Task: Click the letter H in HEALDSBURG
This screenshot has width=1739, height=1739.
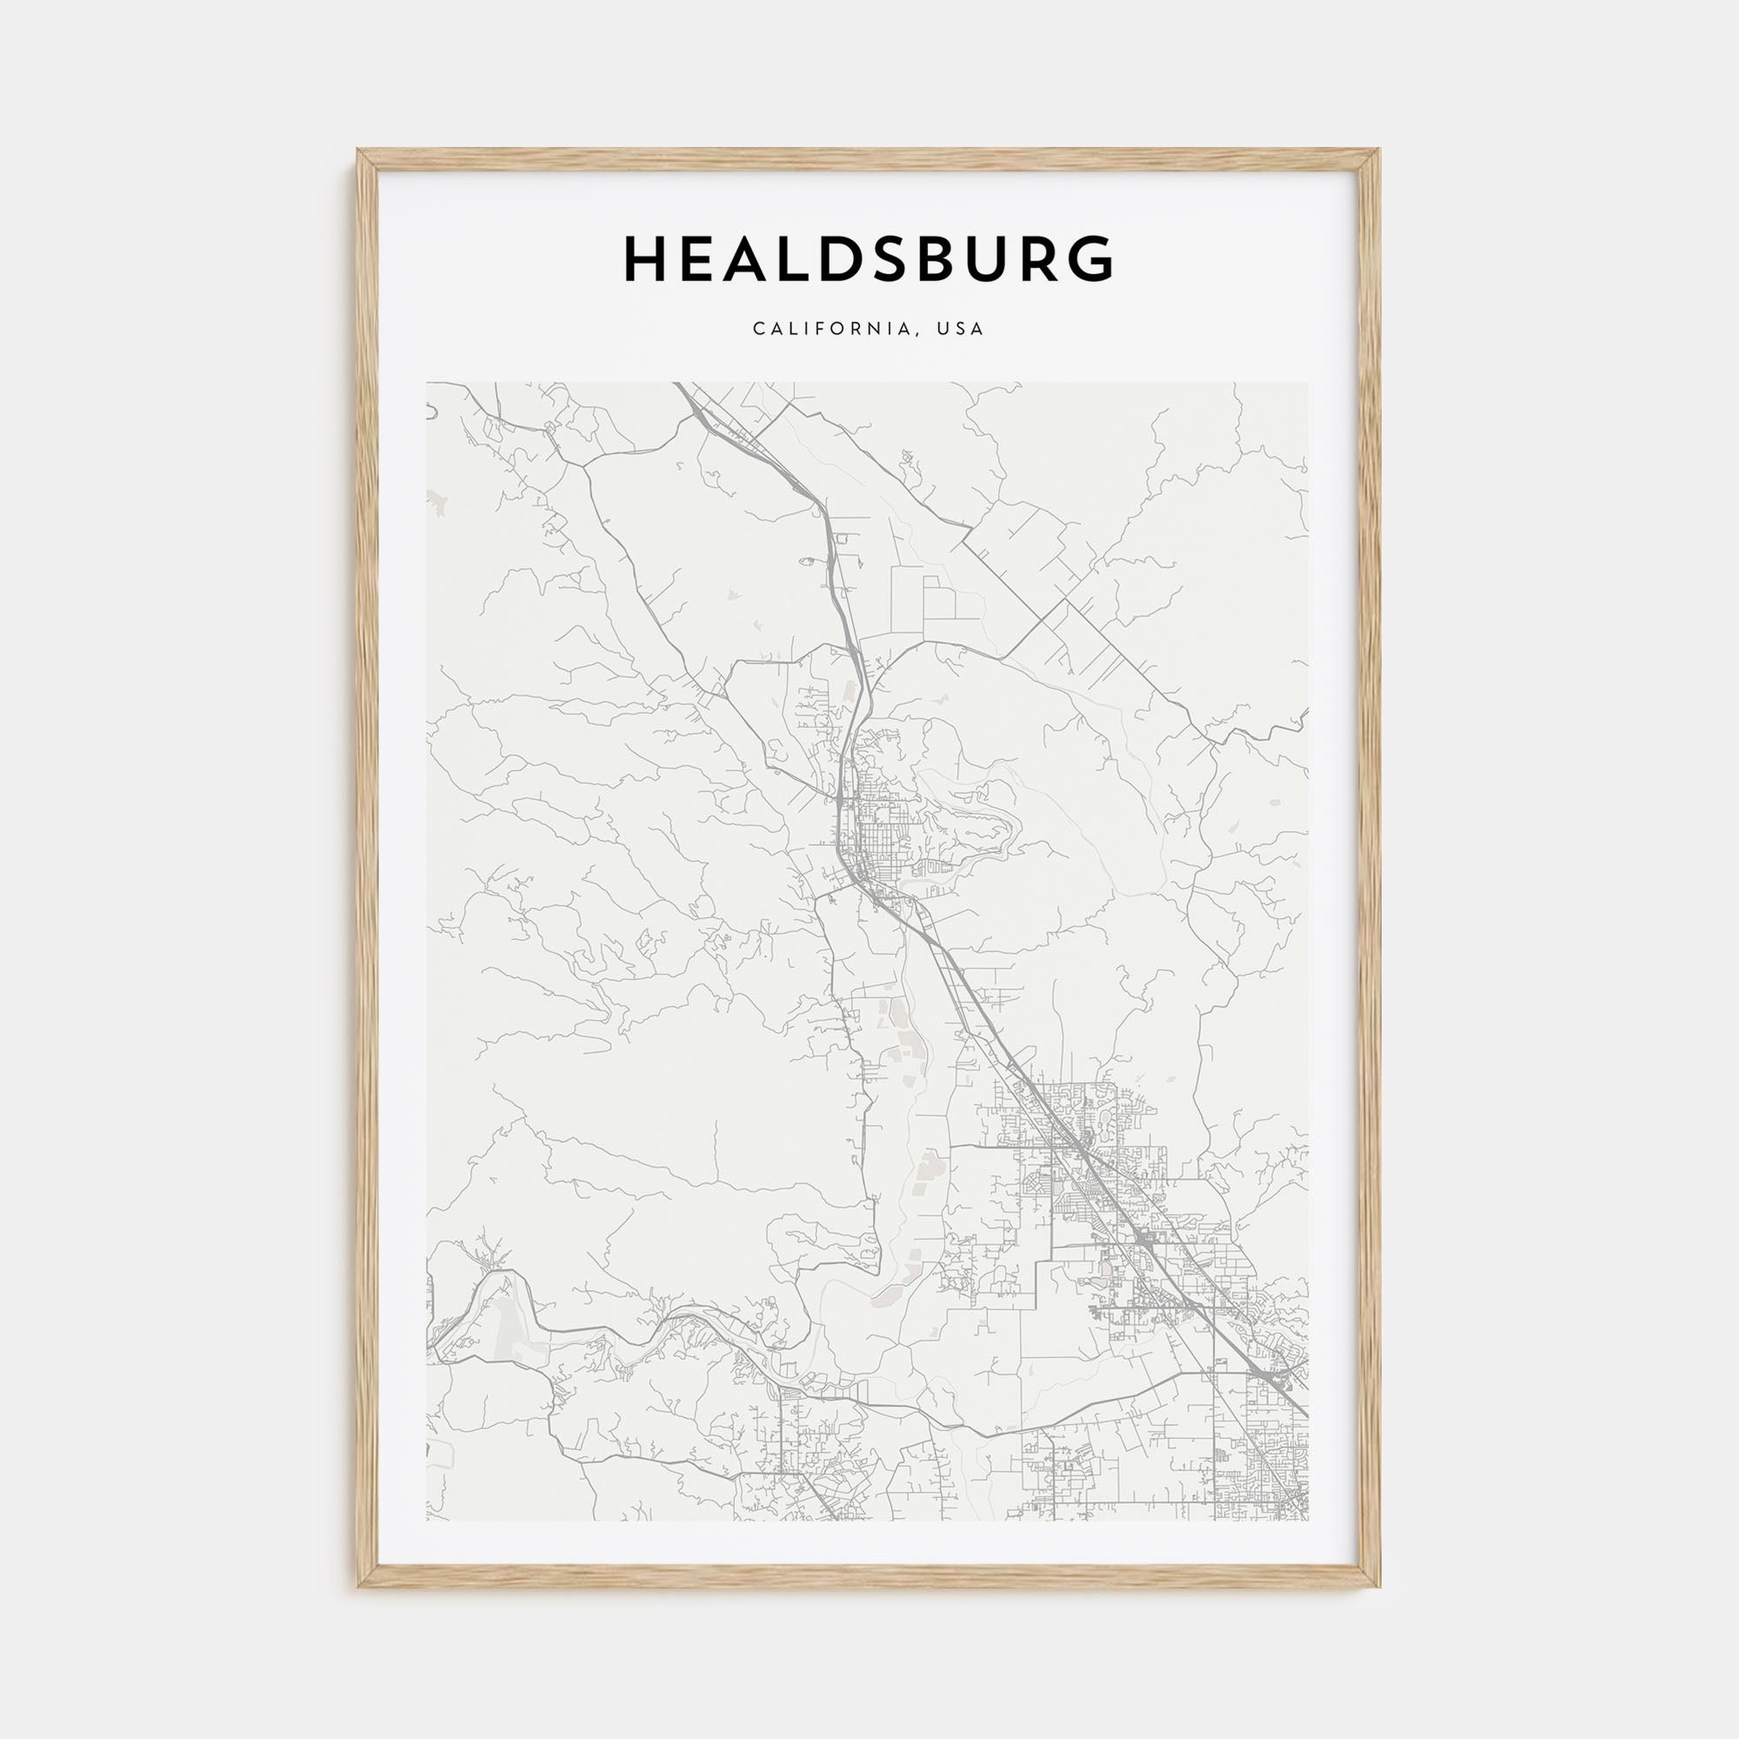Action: coord(645,260)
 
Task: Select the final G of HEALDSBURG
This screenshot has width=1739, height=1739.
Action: coord(1089,260)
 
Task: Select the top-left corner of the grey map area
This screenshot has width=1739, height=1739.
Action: coord(428,383)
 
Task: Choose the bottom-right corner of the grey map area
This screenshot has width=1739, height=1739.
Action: coord(1308,1521)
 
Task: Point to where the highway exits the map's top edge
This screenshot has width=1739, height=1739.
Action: coord(682,384)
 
